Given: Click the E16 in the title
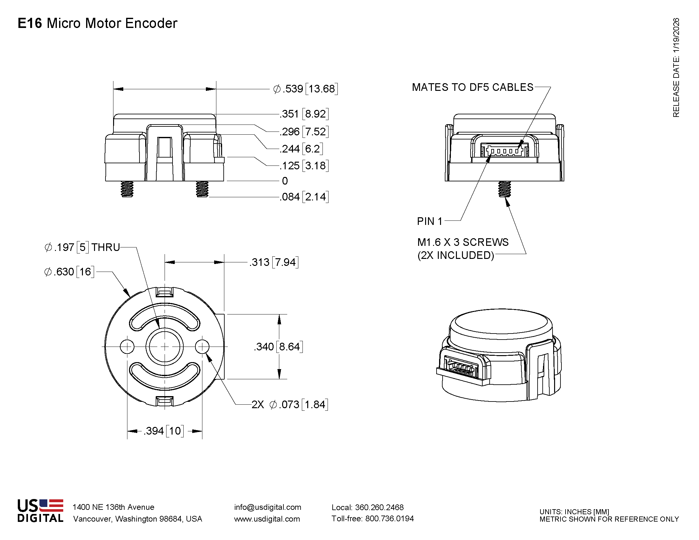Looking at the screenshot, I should click(30, 24).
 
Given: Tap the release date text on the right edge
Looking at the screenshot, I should click(676, 67).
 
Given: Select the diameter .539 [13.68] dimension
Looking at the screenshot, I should click(305, 89).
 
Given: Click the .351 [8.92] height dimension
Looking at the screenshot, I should click(304, 114).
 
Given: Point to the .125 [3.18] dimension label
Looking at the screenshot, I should click(304, 166).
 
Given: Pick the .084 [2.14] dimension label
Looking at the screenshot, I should click(304, 197).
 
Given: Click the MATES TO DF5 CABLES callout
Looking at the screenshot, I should click(472, 87).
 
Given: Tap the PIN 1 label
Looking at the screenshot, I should click(430, 221).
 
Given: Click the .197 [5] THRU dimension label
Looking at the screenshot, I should click(82, 247).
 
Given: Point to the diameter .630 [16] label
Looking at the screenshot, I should click(69, 272).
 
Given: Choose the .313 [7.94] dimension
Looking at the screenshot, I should click(274, 262).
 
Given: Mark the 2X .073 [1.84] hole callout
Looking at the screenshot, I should click(290, 405).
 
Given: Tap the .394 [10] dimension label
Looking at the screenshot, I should click(164, 431).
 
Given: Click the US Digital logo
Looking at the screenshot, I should click(40, 510).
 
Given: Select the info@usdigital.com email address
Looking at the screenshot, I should click(268, 507).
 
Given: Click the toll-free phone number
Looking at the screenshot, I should click(373, 519).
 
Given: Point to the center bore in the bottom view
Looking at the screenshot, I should click(165, 347).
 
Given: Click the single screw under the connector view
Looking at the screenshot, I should click(505, 189).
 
